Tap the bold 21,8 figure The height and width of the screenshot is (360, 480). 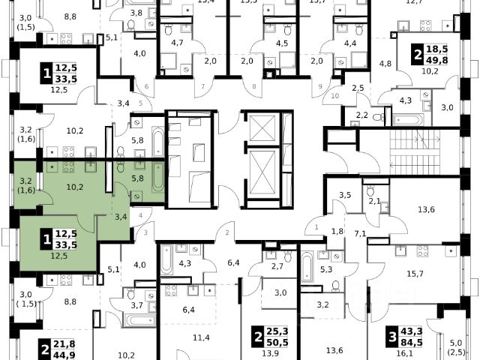tap(64, 343)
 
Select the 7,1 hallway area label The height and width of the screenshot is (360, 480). tap(360, 234)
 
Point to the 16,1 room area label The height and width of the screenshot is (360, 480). tap(405, 353)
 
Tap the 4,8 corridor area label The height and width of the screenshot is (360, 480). tap(385, 63)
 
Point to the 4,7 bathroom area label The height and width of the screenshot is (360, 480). tap(178, 43)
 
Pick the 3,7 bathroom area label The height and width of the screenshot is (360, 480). tap(136, 304)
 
